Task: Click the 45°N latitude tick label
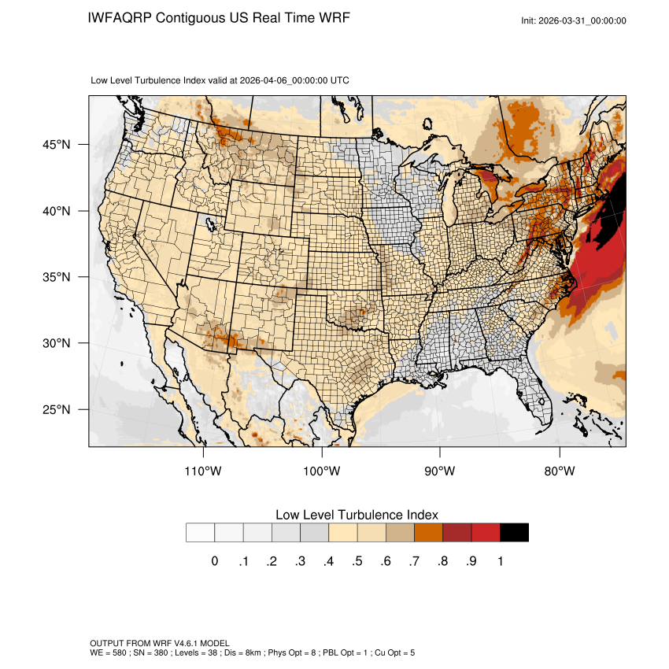click(x=56, y=145)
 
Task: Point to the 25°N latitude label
click(x=56, y=409)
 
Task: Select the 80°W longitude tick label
click(x=560, y=471)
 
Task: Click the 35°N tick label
click(x=56, y=277)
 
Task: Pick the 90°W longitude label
click(x=440, y=471)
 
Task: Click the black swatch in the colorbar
click(x=514, y=533)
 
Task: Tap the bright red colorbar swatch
click(x=486, y=533)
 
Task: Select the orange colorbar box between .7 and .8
click(x=429, y=533)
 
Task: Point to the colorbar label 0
click(x=214, y=561)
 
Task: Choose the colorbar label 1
click(x=500, y=561)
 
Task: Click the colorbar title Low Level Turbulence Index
click(x=357, y=515)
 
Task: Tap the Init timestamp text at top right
click(x=574, y=20)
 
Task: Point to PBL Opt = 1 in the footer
click(x=344, y=652)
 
